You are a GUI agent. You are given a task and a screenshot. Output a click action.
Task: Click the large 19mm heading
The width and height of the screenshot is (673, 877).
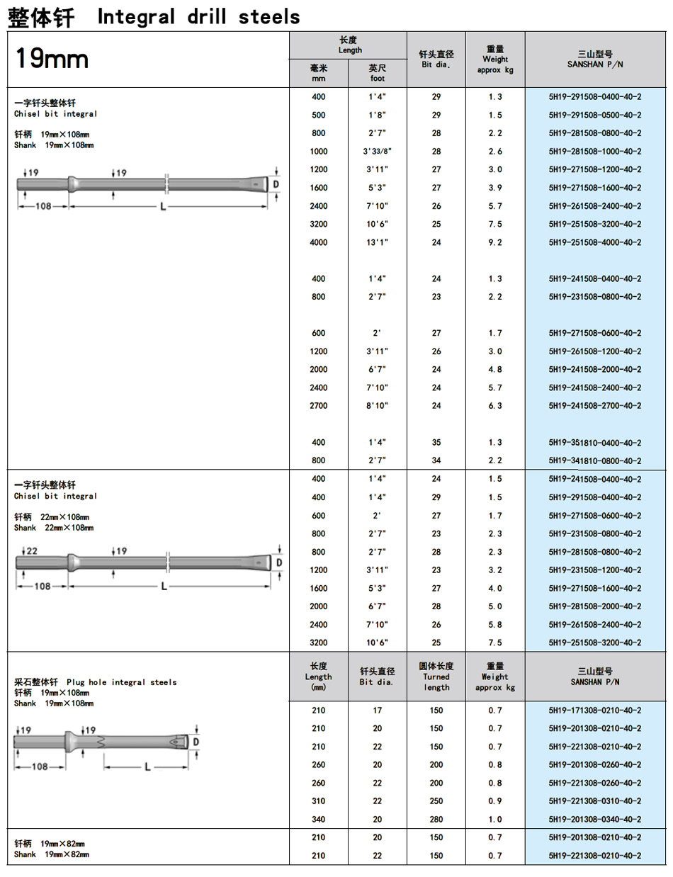tap(52, 59)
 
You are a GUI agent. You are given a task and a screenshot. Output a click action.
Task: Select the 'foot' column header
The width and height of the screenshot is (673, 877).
tap(378, 74)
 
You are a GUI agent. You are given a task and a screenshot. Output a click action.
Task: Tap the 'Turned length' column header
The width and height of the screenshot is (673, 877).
tap(436, 682)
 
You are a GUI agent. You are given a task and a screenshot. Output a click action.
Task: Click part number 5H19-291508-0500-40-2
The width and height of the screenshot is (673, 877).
tap(595, 115)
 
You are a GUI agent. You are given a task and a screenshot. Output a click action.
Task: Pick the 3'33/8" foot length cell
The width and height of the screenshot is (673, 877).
tap(378, 152)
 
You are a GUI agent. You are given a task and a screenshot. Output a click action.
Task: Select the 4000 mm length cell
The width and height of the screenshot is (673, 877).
tap(319, 242)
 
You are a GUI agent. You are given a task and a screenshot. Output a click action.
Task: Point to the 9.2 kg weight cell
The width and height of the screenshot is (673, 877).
tap(495, 242)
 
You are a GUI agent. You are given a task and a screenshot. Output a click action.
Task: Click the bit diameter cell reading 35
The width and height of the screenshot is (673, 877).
tap(436, 443)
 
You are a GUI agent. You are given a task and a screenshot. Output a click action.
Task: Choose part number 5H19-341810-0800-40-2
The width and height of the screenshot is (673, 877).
tap(595, 460)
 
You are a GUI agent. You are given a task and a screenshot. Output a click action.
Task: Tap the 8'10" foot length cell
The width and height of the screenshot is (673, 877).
tap(378, 406)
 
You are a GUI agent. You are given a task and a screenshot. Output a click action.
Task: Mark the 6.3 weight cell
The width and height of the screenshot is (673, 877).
tap(495, 406)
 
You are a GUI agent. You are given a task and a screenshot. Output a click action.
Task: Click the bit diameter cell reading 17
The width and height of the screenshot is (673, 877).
tap(378, 710)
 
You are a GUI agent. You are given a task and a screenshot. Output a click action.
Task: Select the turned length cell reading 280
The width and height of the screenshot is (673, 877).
tap(436, 819)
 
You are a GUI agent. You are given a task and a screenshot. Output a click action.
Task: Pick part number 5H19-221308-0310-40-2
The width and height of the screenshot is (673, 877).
tap(595, 801)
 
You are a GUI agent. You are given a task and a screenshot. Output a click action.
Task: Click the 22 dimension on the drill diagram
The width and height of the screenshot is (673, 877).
tap(32, 550)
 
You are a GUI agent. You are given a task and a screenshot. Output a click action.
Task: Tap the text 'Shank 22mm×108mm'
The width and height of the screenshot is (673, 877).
tap(53, 528)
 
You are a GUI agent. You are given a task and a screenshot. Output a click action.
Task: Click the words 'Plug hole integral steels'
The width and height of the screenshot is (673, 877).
tap(122, 682)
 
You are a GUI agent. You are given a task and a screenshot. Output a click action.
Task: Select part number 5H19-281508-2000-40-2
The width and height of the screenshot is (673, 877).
tap(595, 606)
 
